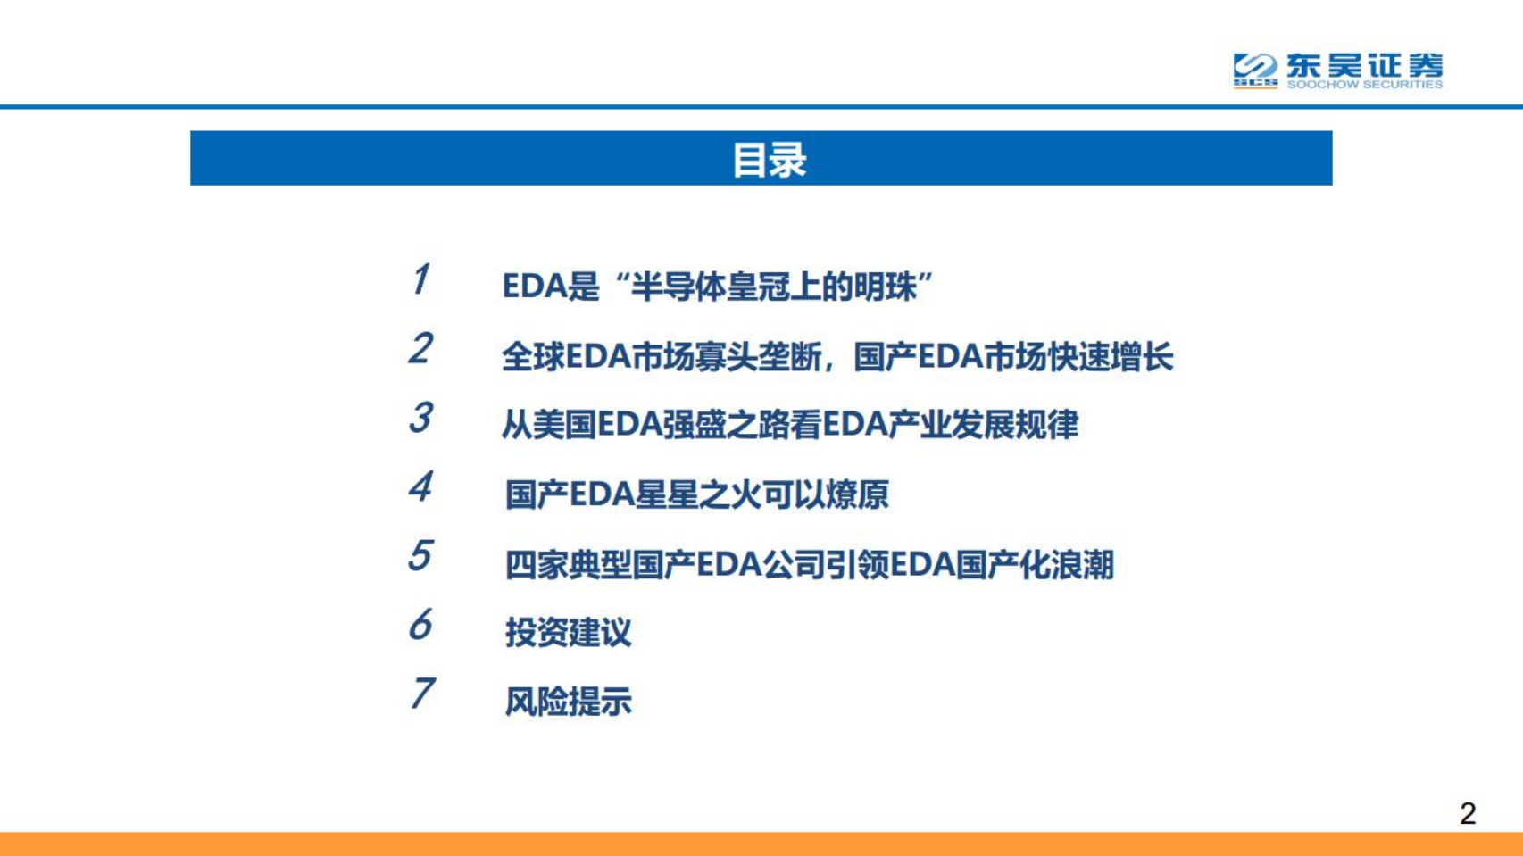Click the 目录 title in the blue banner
pyautogui.click(x=769, y=160)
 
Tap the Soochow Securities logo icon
pyautogui.click(x=1255, y=70)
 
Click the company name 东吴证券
pyautogui.click(x=1364, y=65)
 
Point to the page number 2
pyautogui.click(x=1468, y=813)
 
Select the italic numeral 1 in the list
pyautogui.click(x=421, y=279)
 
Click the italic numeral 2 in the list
pyautogui.click(x=421, y=348)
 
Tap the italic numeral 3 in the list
pyautogui.click(x=421, y=418)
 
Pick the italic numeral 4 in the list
pyautogui.click(x=421, y=487)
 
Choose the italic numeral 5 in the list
pyautogui.click(x=421, y=556)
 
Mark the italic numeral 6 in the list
pyautogui.click(x=421, y=625)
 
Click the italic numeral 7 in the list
pyautogui.click(x=421, y=694)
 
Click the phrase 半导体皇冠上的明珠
pyautogui.click(x=774, y=287)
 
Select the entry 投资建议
pyautogui.click(x=568, y=633)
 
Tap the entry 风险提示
pyautogui.click(x=568, y=702)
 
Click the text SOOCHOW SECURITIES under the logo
pyautogui.click(x=1364, y=85)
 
